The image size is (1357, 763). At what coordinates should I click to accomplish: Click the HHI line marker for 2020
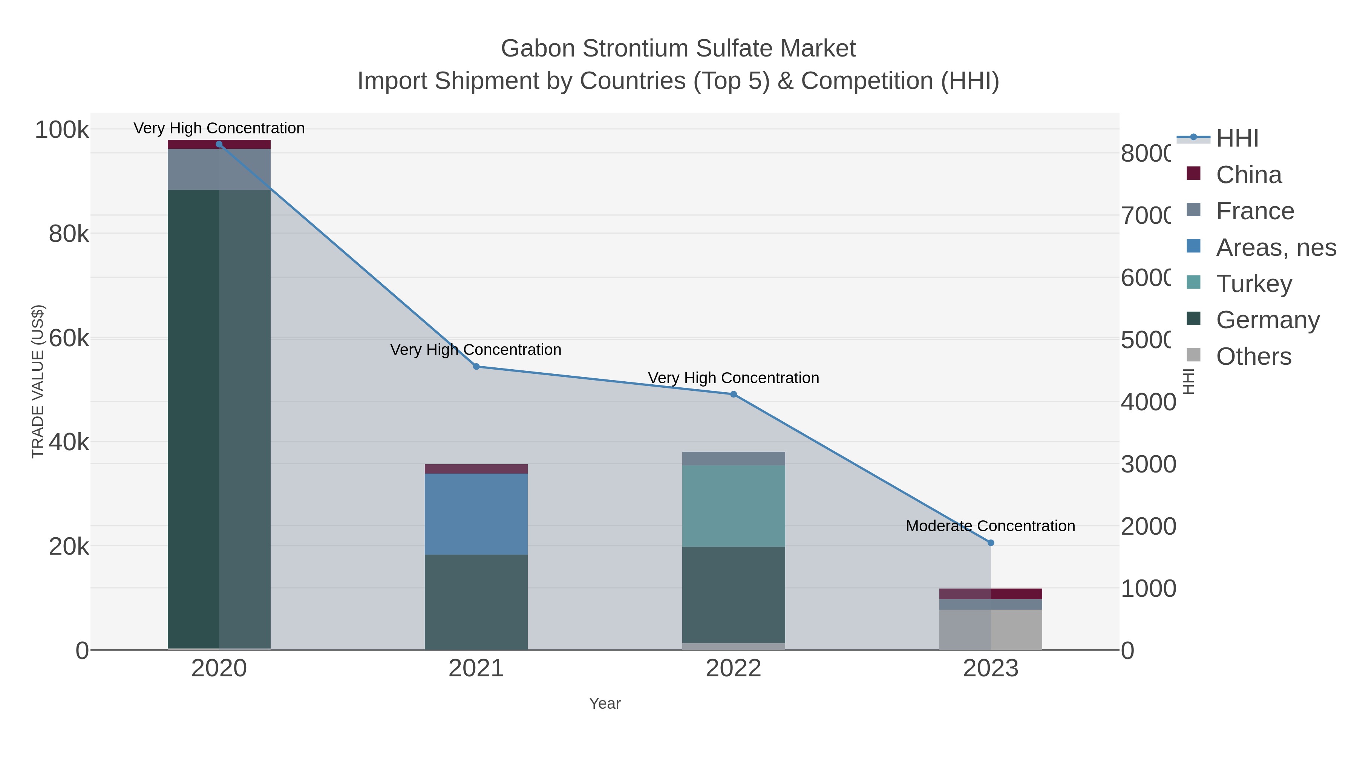pos(219,144)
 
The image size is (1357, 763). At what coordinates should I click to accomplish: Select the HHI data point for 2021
pos(476,367)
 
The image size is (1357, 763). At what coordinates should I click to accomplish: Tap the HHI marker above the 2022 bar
pos(733,394)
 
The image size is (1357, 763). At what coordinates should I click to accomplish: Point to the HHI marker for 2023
pos(990,543)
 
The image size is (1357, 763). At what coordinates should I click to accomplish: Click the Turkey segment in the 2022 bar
pos(733,506)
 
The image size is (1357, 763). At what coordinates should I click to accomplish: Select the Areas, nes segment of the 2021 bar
pos(476,514)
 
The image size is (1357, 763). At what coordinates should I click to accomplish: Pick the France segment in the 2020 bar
pos(219,169)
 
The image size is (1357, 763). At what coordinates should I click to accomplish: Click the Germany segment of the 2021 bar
pos(476,602)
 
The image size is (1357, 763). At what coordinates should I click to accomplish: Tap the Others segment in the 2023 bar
pos(990,629)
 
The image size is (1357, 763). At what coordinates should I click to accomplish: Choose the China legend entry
pos(1248,175)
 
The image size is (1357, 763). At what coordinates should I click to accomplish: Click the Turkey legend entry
pos(1254,284)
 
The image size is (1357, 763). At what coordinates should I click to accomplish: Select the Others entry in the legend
pos(1254,356)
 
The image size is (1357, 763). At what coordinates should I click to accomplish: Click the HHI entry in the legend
pos(1237,139)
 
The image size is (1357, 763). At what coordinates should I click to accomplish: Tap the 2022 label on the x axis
pos(733,669)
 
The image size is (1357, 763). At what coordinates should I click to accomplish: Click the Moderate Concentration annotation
pos(990,526)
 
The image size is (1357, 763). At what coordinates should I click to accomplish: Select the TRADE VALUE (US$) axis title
pos(38,381)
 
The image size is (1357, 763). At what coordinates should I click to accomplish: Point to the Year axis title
pos(605,703)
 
